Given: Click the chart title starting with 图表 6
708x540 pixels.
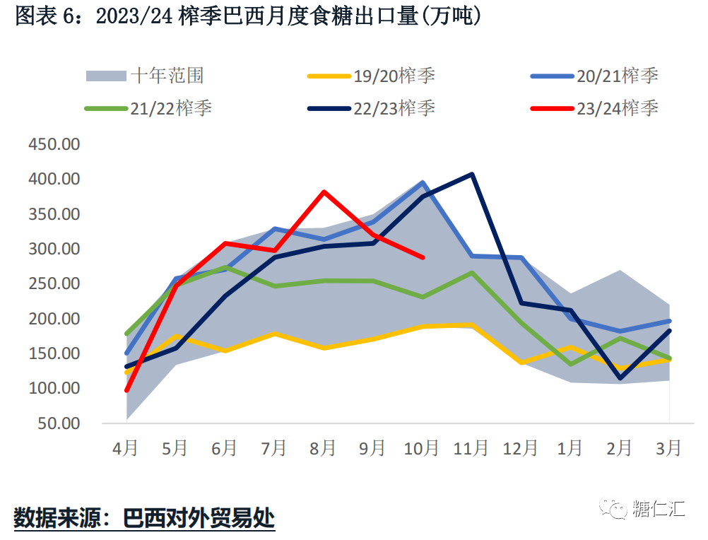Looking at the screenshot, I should tap(248, 16).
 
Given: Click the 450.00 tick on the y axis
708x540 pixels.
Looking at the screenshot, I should tap(54, 144).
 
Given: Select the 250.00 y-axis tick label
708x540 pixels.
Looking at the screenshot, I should tap(54, 283).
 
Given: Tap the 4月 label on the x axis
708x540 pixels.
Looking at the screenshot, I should tap(126, 448).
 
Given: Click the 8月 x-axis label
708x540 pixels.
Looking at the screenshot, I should tap(323, 448).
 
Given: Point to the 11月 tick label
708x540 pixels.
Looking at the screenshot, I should tap(471, 448).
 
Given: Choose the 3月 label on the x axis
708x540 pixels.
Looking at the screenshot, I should tap(669, 448).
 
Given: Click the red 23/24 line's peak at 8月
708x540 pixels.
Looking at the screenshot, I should tap(324, 192).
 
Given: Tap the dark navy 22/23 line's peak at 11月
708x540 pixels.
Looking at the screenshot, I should tap(472, 174).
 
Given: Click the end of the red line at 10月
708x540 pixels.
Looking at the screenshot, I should tap(423, 257).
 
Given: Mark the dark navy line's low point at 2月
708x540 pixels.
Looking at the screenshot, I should tap(620, 378).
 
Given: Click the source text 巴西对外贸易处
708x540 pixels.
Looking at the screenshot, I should tap(199, 518).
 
